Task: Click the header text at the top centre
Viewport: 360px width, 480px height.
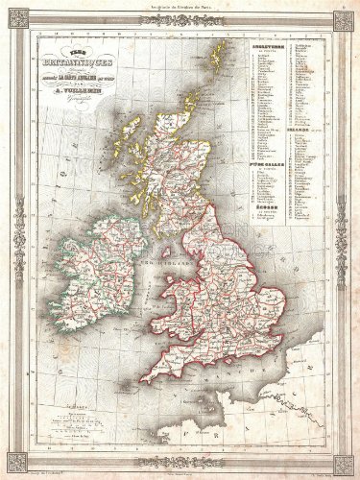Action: pyautogui.click(x=180, y=9)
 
